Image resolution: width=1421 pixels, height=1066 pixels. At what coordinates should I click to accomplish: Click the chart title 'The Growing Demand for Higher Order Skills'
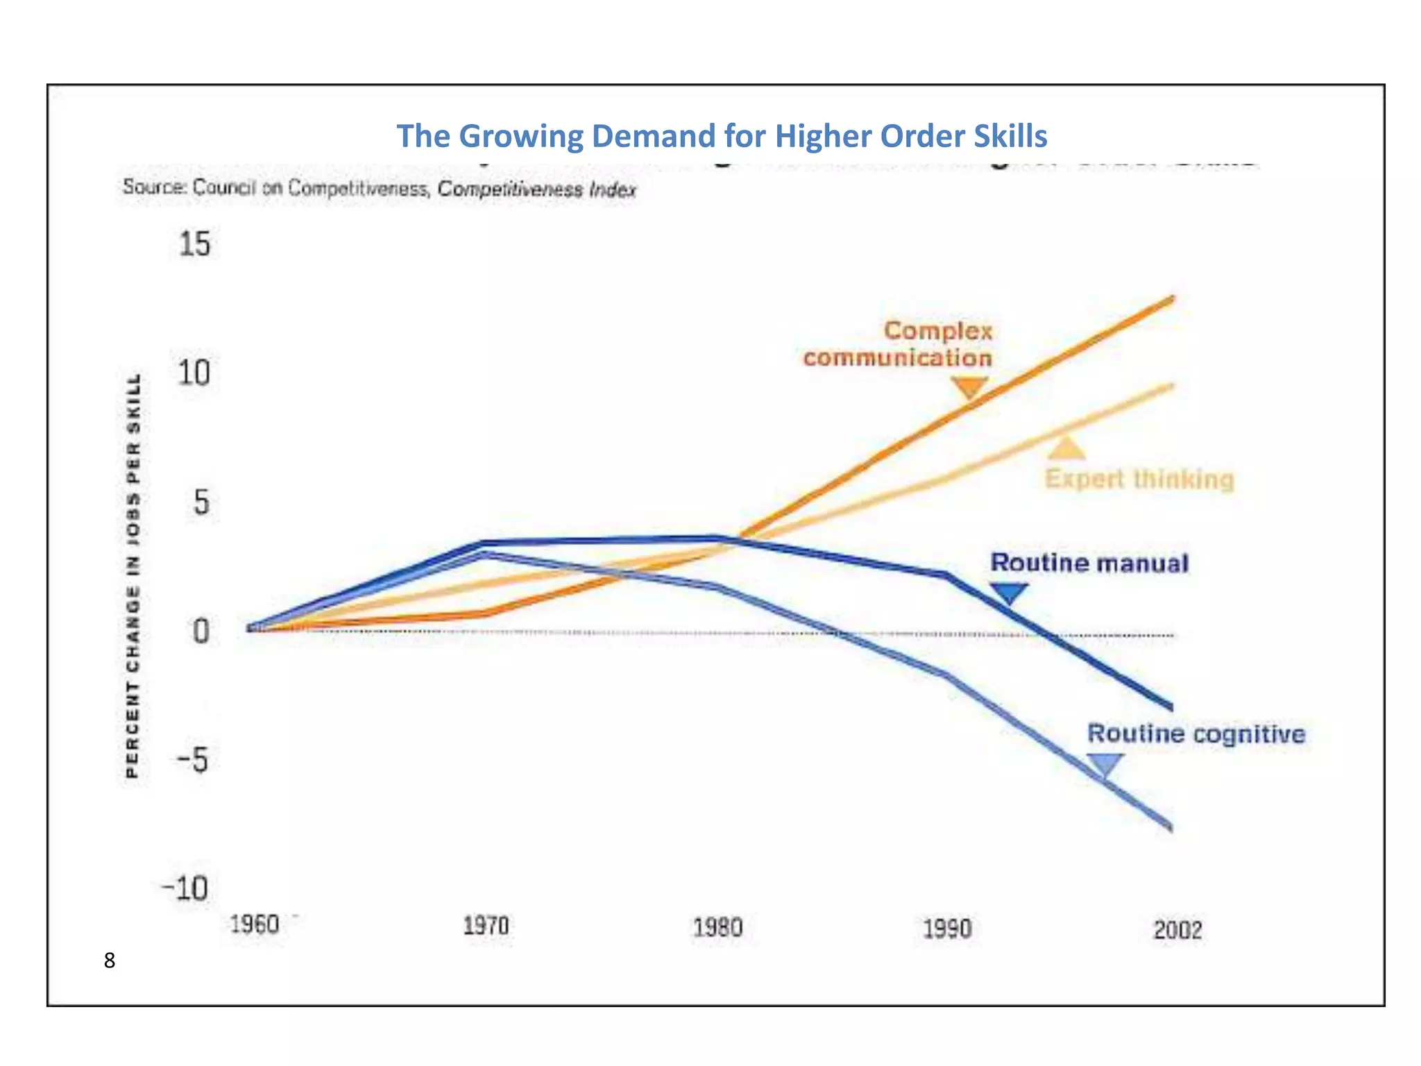coord(722,136)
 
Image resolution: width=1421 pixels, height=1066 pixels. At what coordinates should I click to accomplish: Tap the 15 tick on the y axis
coord(194,245)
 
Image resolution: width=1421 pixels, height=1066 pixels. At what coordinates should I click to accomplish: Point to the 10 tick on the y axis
coord(194,373)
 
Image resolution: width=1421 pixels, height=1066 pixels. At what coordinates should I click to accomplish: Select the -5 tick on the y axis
coord(192,761)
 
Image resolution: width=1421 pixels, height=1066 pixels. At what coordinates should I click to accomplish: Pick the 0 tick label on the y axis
coord(201,632)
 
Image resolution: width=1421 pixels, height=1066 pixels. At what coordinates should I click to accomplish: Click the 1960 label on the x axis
coord(255,924)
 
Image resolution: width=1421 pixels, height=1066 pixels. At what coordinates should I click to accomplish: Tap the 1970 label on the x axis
coord(486,926)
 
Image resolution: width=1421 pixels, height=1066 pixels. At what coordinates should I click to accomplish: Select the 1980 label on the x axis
coord(717,927)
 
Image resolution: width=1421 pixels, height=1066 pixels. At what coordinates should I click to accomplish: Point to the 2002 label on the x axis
coord(1177,930)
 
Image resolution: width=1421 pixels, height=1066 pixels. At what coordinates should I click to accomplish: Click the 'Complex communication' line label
coord(899,344)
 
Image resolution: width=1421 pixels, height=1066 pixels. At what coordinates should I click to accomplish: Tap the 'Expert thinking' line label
coord(1139,480)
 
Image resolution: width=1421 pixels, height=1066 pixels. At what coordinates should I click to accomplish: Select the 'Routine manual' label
coord(1089,563)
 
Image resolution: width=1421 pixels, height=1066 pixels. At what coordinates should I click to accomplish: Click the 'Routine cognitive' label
coord(1195,734)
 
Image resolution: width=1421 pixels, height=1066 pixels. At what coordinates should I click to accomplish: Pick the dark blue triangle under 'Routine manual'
coord(1008,593)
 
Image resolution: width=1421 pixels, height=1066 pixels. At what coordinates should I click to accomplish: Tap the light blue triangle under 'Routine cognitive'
coord(1105,765)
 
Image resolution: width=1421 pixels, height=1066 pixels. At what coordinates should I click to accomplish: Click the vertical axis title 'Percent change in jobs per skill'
coord(133,576)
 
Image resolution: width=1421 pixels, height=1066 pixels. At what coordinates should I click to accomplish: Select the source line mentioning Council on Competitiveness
coord(379,189)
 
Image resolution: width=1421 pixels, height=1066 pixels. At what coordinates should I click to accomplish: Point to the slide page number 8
coord(110,961)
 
